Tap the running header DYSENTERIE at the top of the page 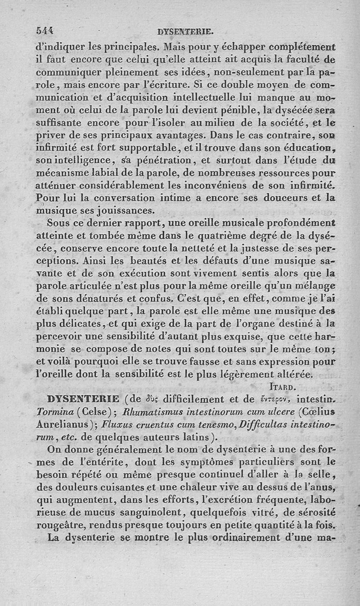point(185,32)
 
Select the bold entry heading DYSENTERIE point(83,399)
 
